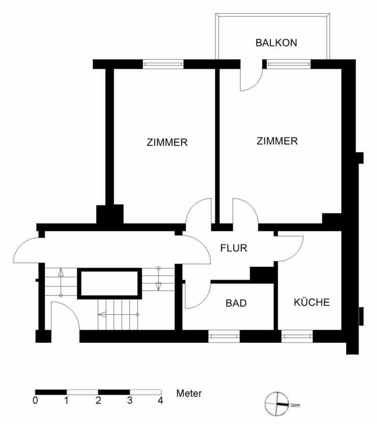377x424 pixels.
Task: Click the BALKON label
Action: coord(276,43)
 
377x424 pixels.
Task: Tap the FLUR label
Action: coord(234,248)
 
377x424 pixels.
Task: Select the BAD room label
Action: coord(236,303)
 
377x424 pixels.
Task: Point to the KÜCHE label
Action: coord(312,302)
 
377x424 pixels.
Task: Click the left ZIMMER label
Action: coord(167,142)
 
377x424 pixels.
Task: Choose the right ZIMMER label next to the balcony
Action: coord(277,141)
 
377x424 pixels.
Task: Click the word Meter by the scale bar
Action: coord(189,393)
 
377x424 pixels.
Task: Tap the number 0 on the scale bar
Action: coord(35,400)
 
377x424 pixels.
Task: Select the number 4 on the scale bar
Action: coord(160,400)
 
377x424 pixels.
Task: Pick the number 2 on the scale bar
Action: coord(98,400)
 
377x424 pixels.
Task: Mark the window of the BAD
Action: coord(224,336)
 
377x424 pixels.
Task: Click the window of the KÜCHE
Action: coord(297,336)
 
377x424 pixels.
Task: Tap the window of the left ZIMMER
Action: coord(163,64)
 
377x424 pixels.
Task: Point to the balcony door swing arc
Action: coord(256,84)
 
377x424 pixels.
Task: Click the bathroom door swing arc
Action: coord(204,301)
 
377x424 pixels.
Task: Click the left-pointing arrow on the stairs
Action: coord(118,314)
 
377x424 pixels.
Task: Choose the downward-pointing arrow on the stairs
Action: coord(158,279)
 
